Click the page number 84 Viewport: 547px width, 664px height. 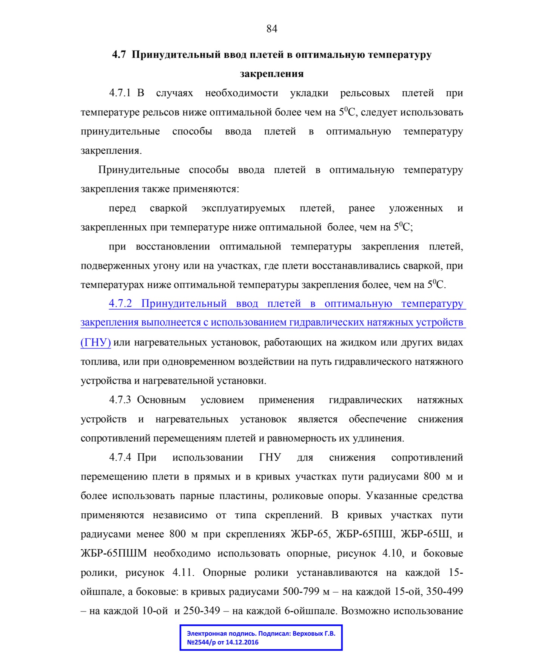point(272,29)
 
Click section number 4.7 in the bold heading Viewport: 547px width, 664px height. point(119,55)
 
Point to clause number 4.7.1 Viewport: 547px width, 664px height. point(120,93)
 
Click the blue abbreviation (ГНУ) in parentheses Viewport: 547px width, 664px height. point(96,342)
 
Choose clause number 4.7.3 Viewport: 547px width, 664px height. point(120,400)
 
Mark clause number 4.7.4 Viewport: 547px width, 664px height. point(120,458)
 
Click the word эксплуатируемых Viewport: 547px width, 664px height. point(243,208)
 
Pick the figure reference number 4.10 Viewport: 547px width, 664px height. point(392,553)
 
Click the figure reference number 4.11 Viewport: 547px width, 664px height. point(183,573)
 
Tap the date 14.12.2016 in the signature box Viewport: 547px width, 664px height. point(242,642)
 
